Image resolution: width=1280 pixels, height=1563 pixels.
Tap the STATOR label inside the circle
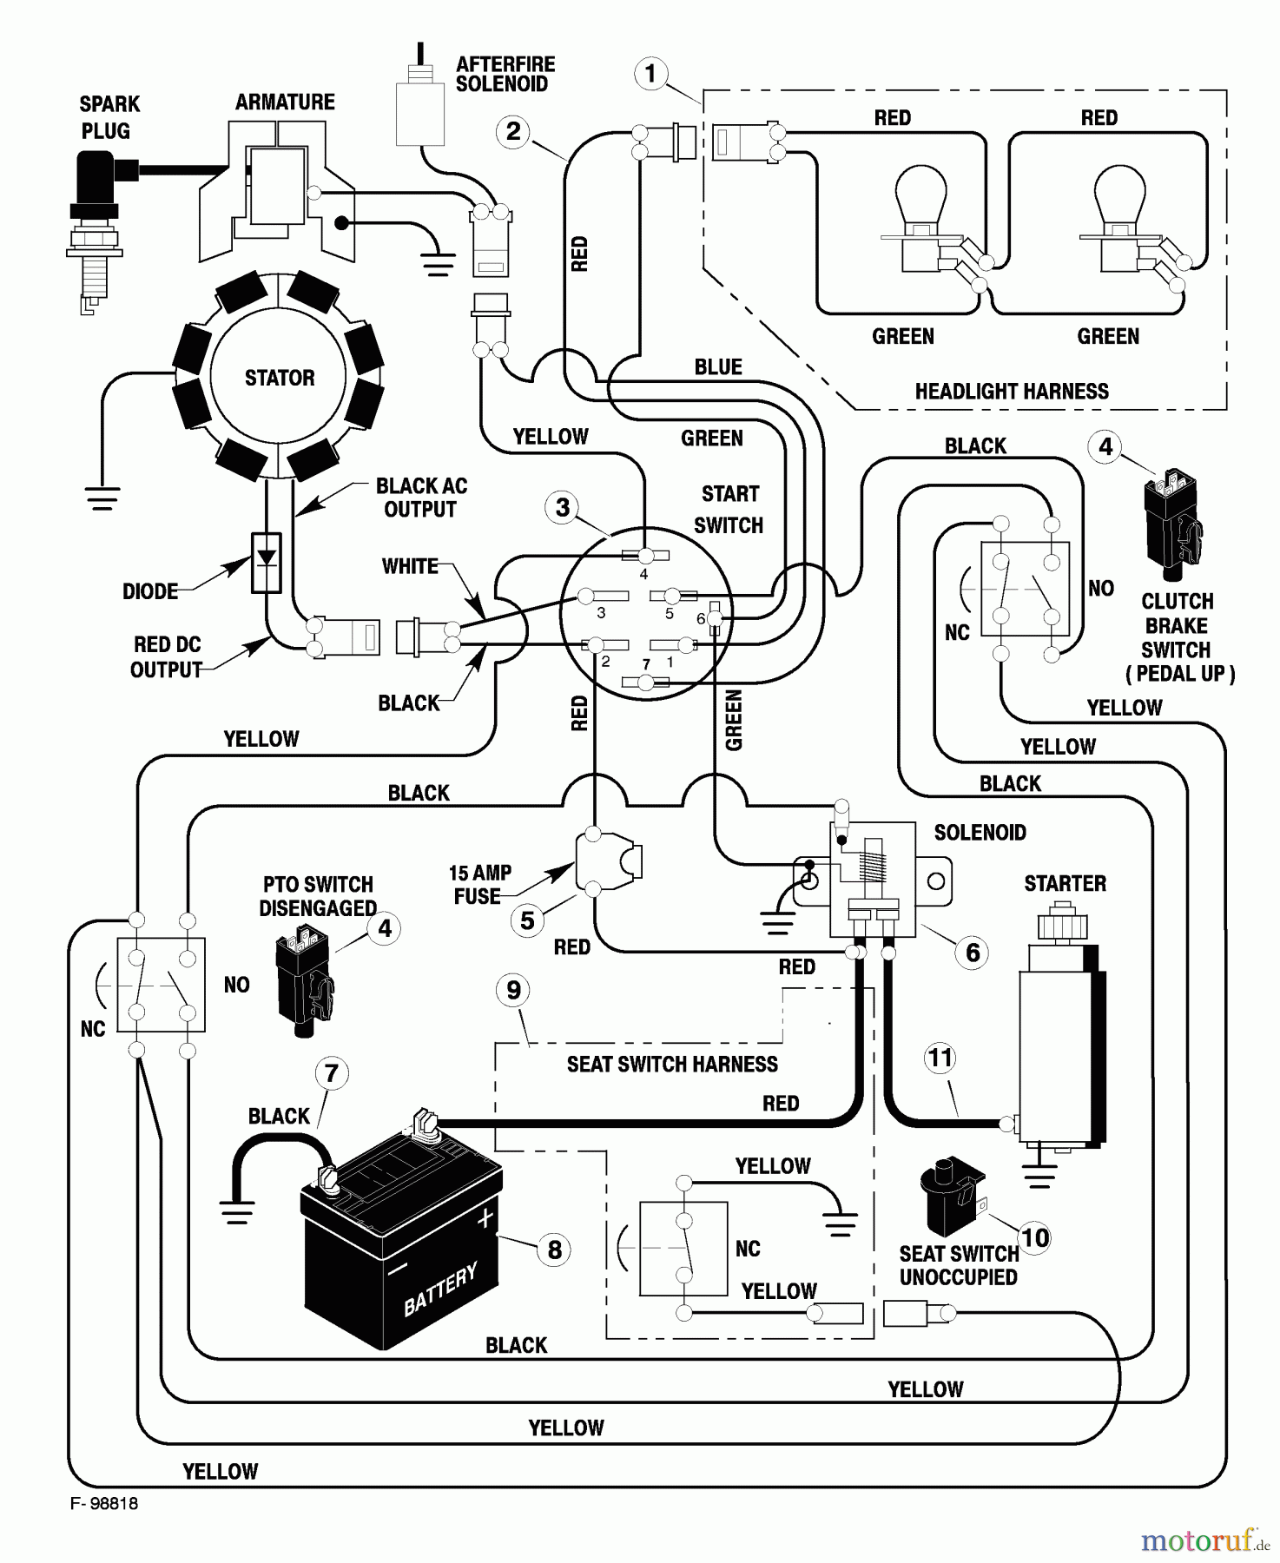point(279,378)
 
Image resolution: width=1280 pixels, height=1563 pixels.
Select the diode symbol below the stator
point(266,562)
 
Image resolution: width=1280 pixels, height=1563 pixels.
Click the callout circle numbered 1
point(651,74)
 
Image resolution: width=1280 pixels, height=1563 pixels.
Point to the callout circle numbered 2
point(513,132)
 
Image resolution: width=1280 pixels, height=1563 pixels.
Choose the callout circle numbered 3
point(563,507)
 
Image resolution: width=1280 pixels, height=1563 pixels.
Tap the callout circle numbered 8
point(555,1250)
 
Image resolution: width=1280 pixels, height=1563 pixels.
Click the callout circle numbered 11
point(941,1058)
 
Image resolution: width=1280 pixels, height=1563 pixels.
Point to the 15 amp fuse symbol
point(608,861)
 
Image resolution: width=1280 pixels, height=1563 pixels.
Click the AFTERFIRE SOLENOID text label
point(505,75)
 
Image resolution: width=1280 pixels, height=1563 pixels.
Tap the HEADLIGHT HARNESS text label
point(1012,392)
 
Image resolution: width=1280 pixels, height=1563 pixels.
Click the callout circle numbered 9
point(513,990)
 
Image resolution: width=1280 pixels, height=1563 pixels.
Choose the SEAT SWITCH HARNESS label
point(672,1065)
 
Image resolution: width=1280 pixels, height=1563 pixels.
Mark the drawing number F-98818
point(104,1504)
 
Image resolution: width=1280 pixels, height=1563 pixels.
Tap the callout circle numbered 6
point(973,953)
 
